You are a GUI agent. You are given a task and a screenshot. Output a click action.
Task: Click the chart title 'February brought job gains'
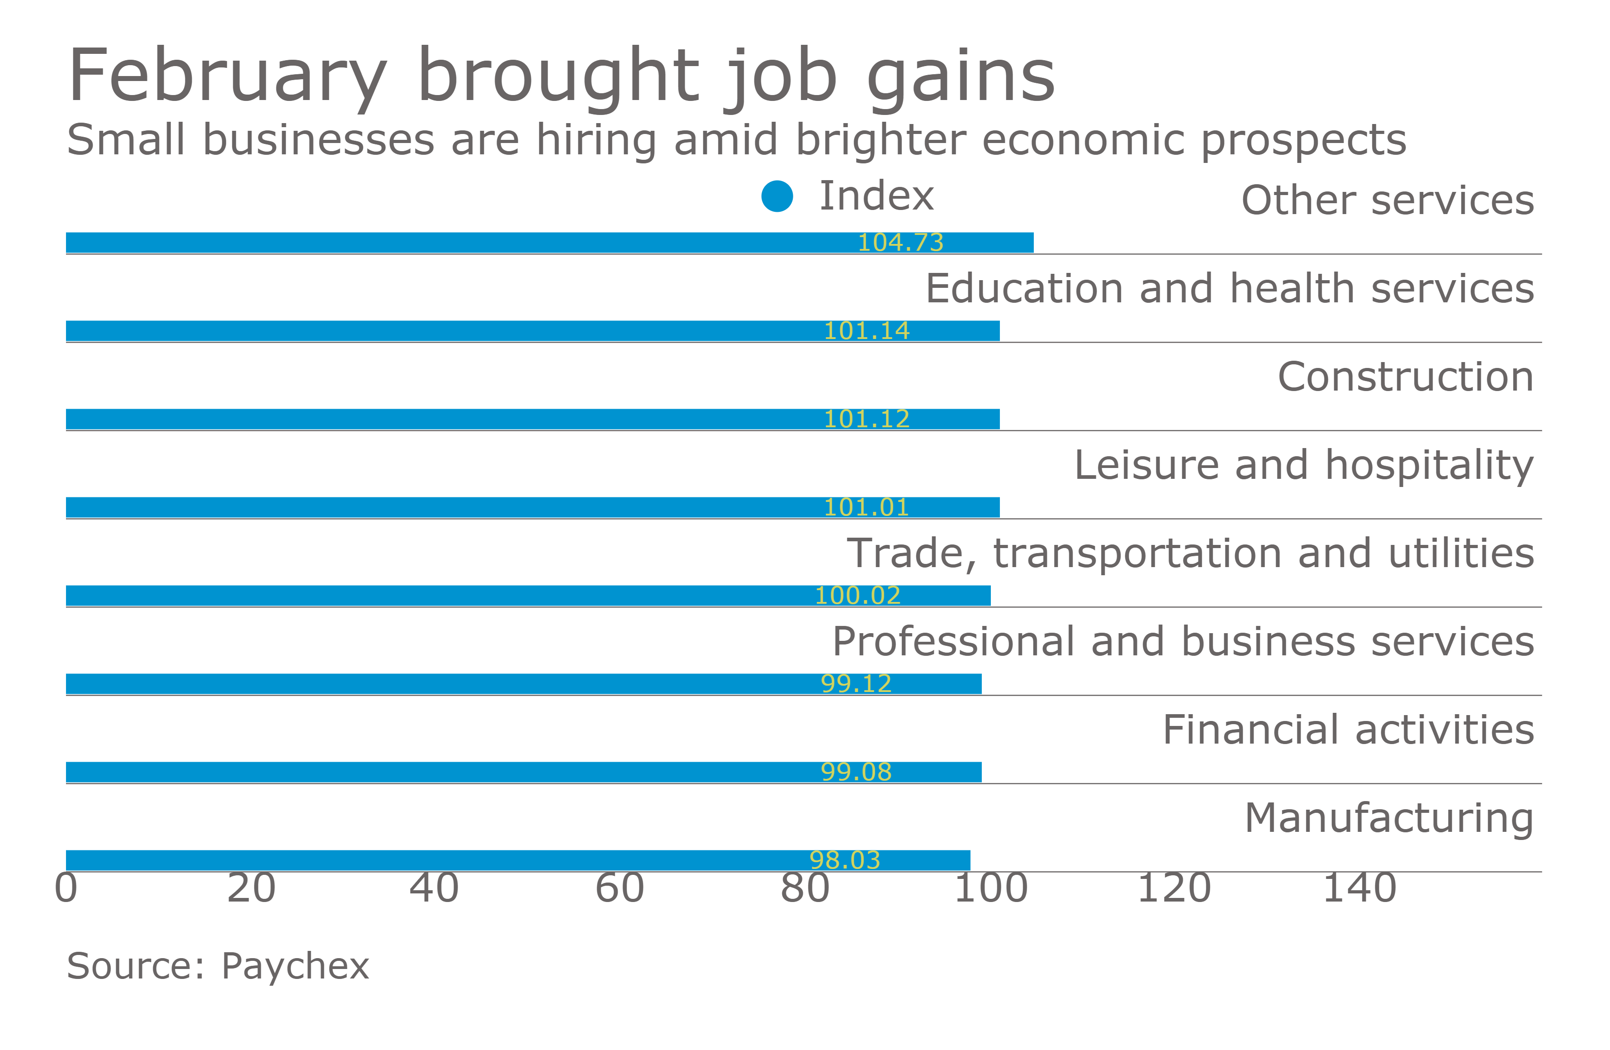pos(562,76)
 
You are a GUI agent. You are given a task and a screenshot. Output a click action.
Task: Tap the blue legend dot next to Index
pos(777,196)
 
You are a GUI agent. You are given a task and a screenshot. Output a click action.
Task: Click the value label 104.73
pos(900,242)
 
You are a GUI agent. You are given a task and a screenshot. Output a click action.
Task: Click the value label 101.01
pos(866,507)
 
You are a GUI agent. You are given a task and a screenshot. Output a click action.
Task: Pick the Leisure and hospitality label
pos(1303,465)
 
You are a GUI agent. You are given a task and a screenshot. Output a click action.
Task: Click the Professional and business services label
pos(1183,641)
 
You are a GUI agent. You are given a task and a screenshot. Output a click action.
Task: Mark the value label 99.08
pos(856,772)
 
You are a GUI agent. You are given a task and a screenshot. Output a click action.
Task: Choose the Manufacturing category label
pos(1389,818)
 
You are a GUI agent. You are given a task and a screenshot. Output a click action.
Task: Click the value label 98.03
pos(845,860)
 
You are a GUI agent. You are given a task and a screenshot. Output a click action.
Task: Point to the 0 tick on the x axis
pos(66,888)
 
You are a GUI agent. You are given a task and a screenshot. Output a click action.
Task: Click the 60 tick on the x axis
pos(620,888)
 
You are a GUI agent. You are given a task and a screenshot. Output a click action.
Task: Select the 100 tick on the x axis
pos(990,888)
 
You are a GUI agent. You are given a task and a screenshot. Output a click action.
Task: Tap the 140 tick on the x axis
pos(1360,888)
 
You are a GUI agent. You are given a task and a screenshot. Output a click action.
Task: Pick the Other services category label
pos(1387,200)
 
